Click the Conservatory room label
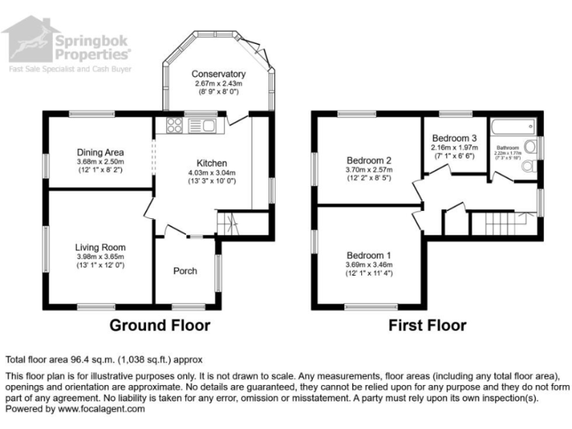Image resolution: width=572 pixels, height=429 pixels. pyautogui.click(x=218, y=74)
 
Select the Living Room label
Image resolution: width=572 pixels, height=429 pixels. pyautogui.click(x=100, y=247)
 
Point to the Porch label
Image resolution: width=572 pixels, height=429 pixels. pyautogui.click(x=185, y=270)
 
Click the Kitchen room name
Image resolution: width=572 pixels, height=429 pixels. pyautogui.click(x=212, y=163)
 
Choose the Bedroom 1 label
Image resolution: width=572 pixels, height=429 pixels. pyautogui.click(x=369, y=255)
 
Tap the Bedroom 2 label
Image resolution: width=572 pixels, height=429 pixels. pyautogui.click(x=369, y=160)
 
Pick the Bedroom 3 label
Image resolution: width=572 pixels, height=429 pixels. pyautogui.click(x=454, y=139)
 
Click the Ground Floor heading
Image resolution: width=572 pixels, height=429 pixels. pyautogui.click(x=160, y=325)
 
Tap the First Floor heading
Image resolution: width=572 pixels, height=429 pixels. pyautogui.click(x=428, y=325)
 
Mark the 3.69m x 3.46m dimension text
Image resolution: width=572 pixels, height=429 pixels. pyautogui.click(x=369, y=265)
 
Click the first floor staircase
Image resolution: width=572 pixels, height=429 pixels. pyautogui.click(x=500, y=221)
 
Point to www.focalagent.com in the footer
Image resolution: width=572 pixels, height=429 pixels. pyautogui.click(x=101, y=409)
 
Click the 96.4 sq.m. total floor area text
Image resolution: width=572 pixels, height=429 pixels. pyautogui.click(x=84, y=359)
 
